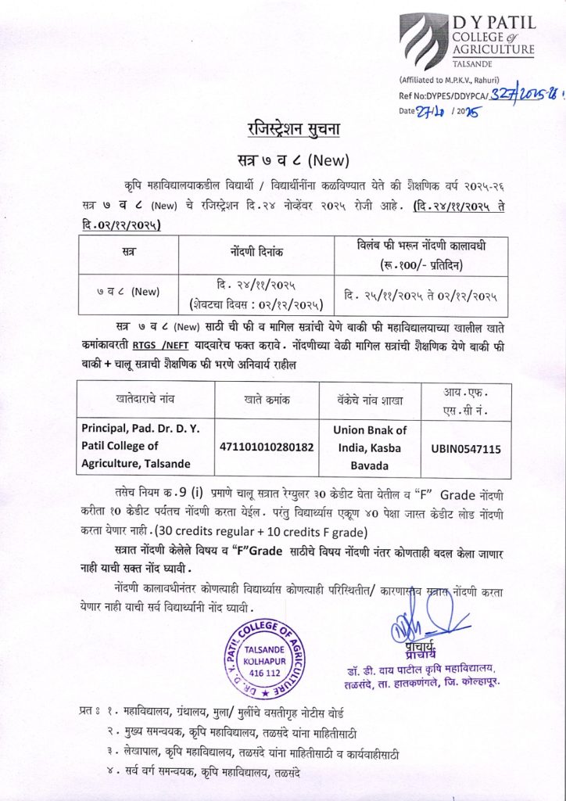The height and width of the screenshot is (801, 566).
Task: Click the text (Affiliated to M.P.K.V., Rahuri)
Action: pos(445,81)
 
